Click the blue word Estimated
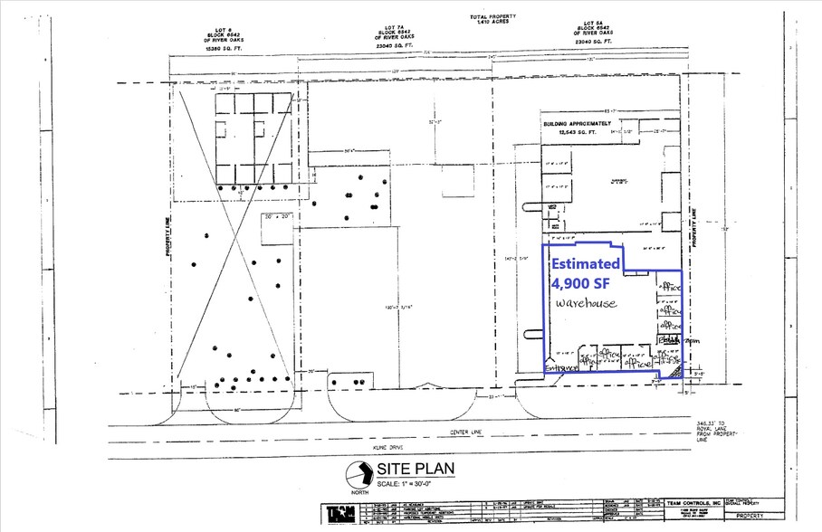tap(587, 264)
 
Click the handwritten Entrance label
tap(561, 365)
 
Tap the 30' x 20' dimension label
tap(277, 217)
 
